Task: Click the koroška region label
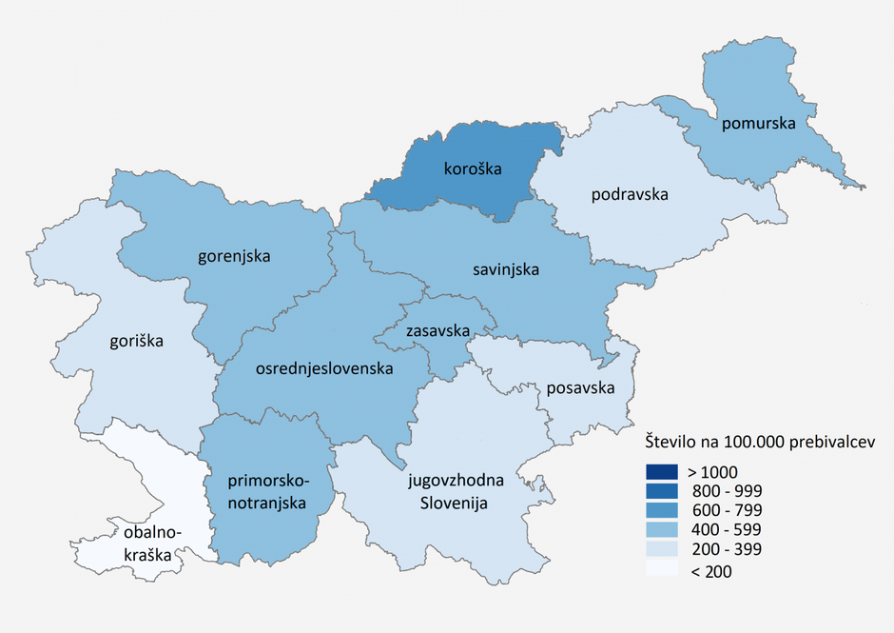473,169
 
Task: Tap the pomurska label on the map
757,124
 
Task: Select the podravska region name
630,195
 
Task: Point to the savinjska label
506,270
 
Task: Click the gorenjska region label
234,256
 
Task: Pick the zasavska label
437,331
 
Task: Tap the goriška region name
136,340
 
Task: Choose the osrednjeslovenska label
325,367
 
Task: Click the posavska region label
580,388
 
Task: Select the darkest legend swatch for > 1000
660,471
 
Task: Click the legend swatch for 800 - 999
660,491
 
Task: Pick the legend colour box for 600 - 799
660,510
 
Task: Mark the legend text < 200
709,570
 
